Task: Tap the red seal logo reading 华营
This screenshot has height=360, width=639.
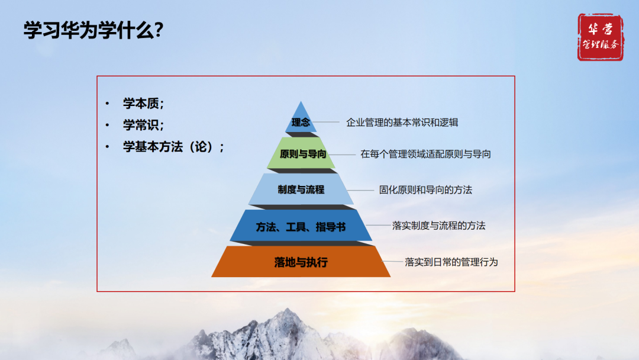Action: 600,37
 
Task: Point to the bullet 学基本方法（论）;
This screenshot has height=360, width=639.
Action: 173,146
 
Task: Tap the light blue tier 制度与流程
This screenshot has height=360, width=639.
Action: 301,189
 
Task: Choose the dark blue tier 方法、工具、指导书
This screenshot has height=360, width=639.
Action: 301,226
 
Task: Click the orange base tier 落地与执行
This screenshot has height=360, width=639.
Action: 301,262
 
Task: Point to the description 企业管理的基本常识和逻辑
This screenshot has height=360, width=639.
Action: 402,123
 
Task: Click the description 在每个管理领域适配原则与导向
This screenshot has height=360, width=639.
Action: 425,154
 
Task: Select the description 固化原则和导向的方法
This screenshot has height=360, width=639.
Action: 425,190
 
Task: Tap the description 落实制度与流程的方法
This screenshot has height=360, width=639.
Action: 438,226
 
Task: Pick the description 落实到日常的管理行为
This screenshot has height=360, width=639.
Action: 451,261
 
